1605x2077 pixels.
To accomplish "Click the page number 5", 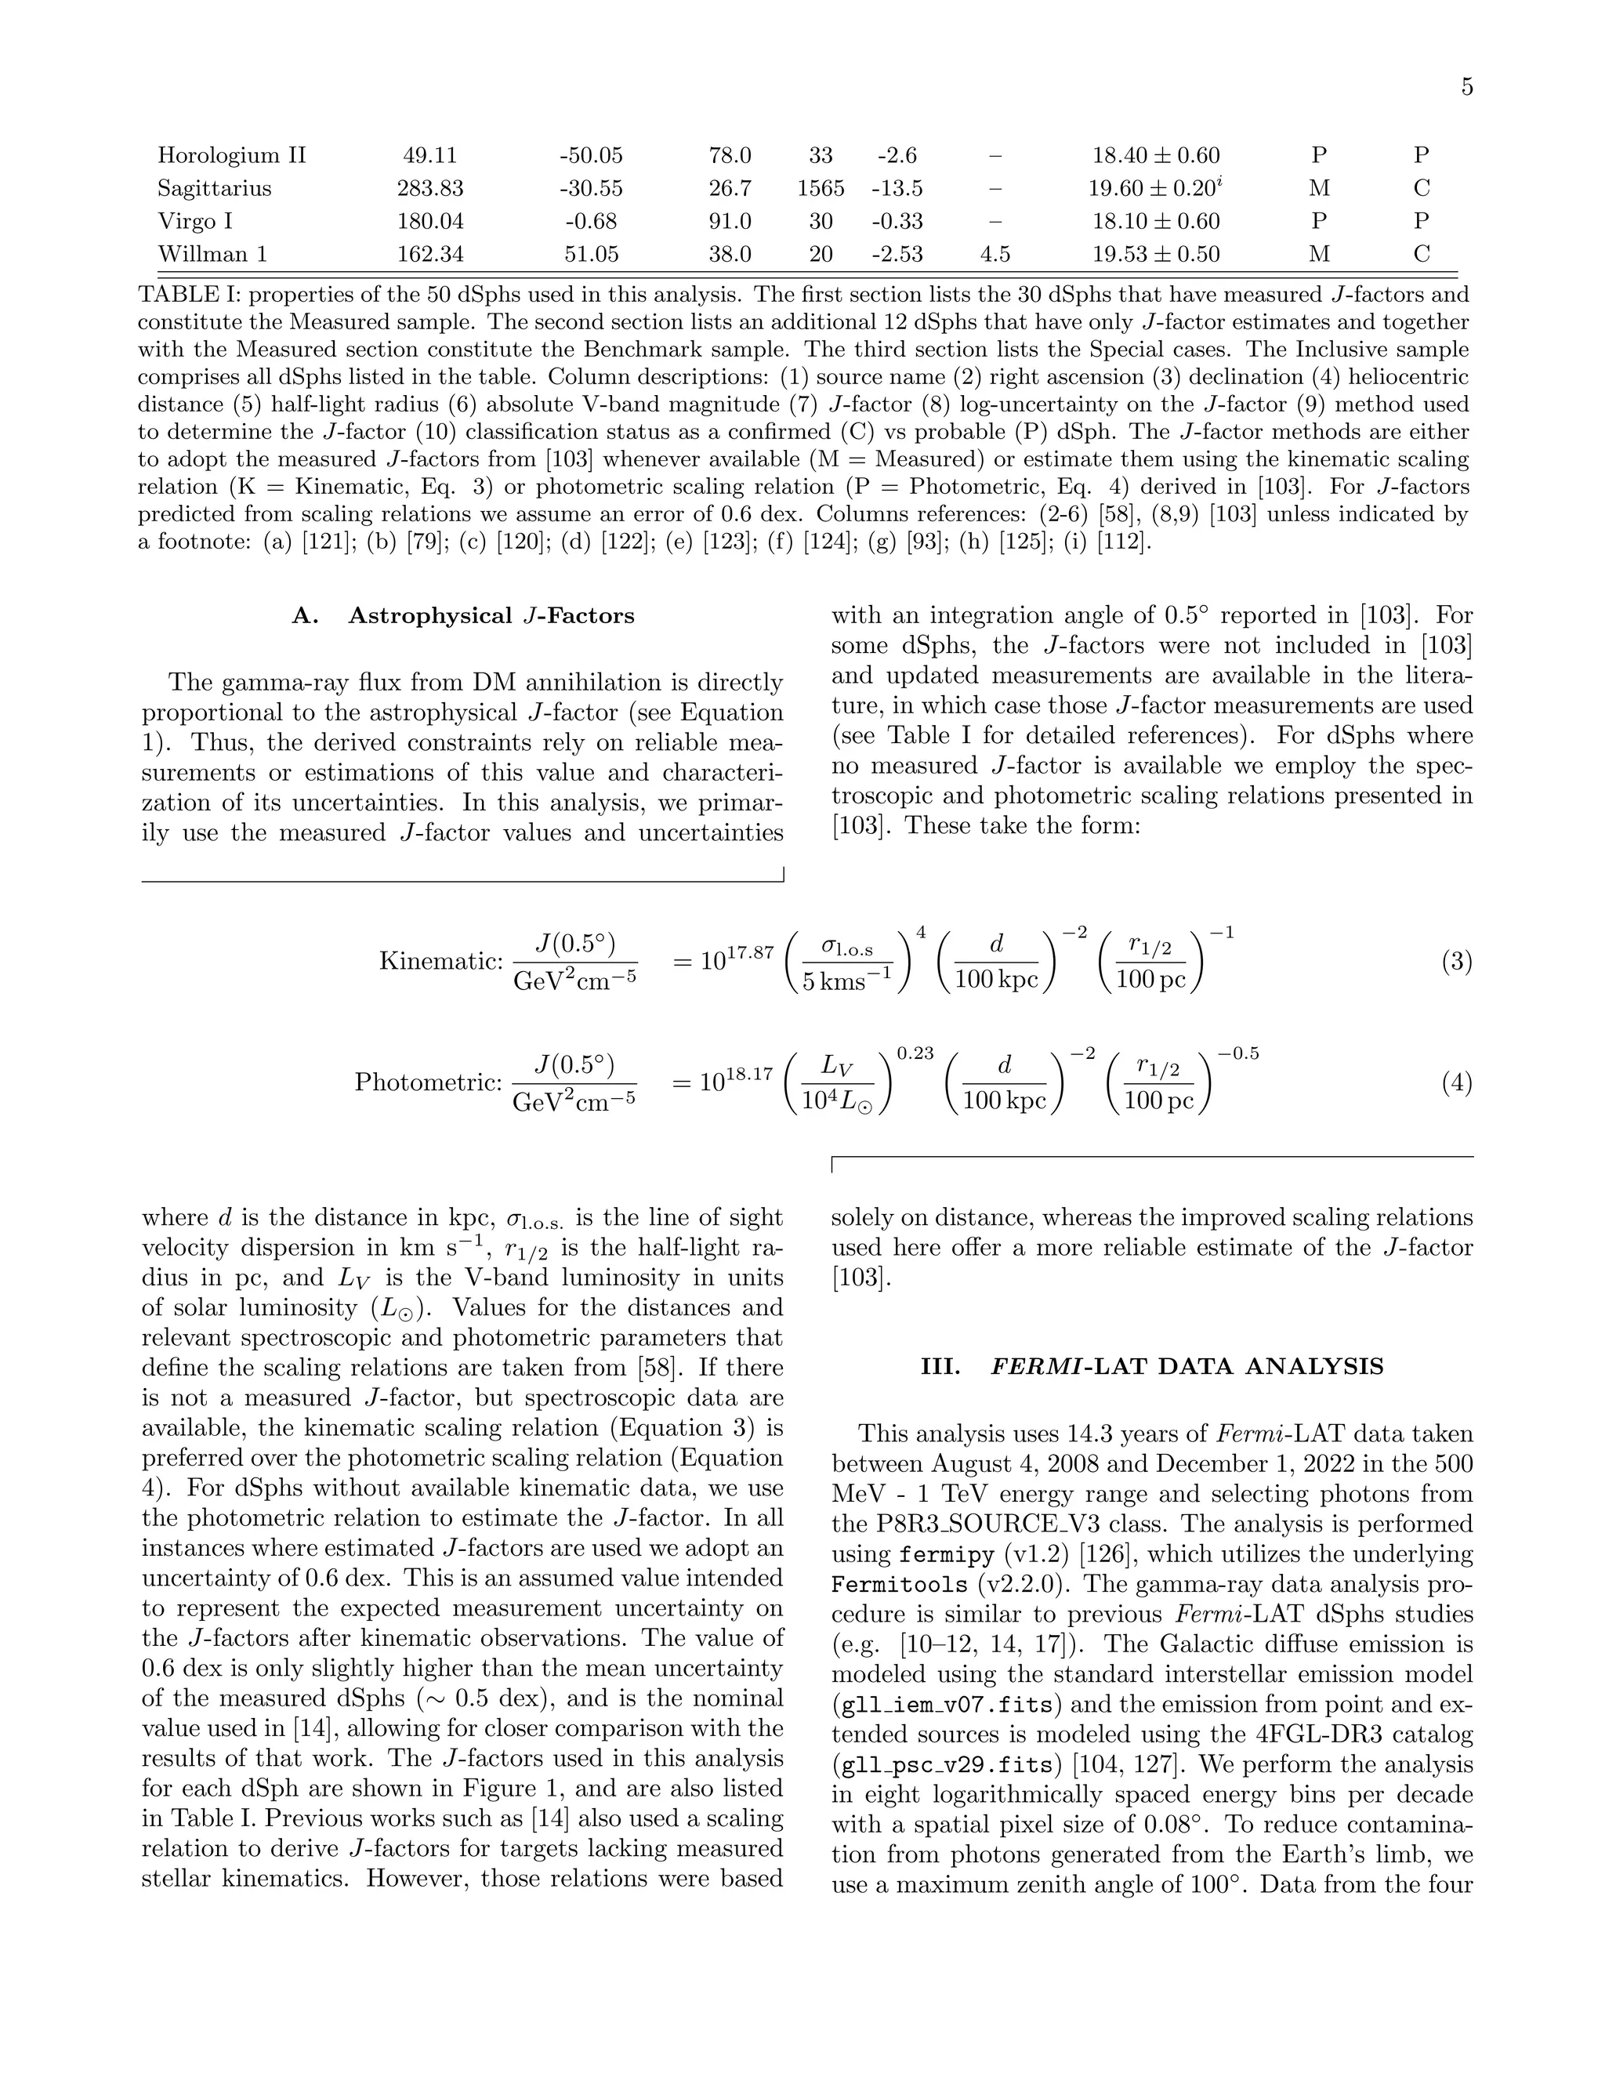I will pos(1466,88).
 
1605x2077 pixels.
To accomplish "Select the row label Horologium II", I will pos(231,155).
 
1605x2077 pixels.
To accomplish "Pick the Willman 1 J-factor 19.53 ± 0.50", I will pos(1155,255).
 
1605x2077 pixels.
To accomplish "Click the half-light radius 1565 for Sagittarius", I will pos(821,188).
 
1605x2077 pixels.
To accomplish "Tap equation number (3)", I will pos(1457,962).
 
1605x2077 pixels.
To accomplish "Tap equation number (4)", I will pos(1457,1082).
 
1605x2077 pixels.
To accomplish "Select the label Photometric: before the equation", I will pos(428,1082).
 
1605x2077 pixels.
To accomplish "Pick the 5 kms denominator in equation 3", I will pos(848,981).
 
